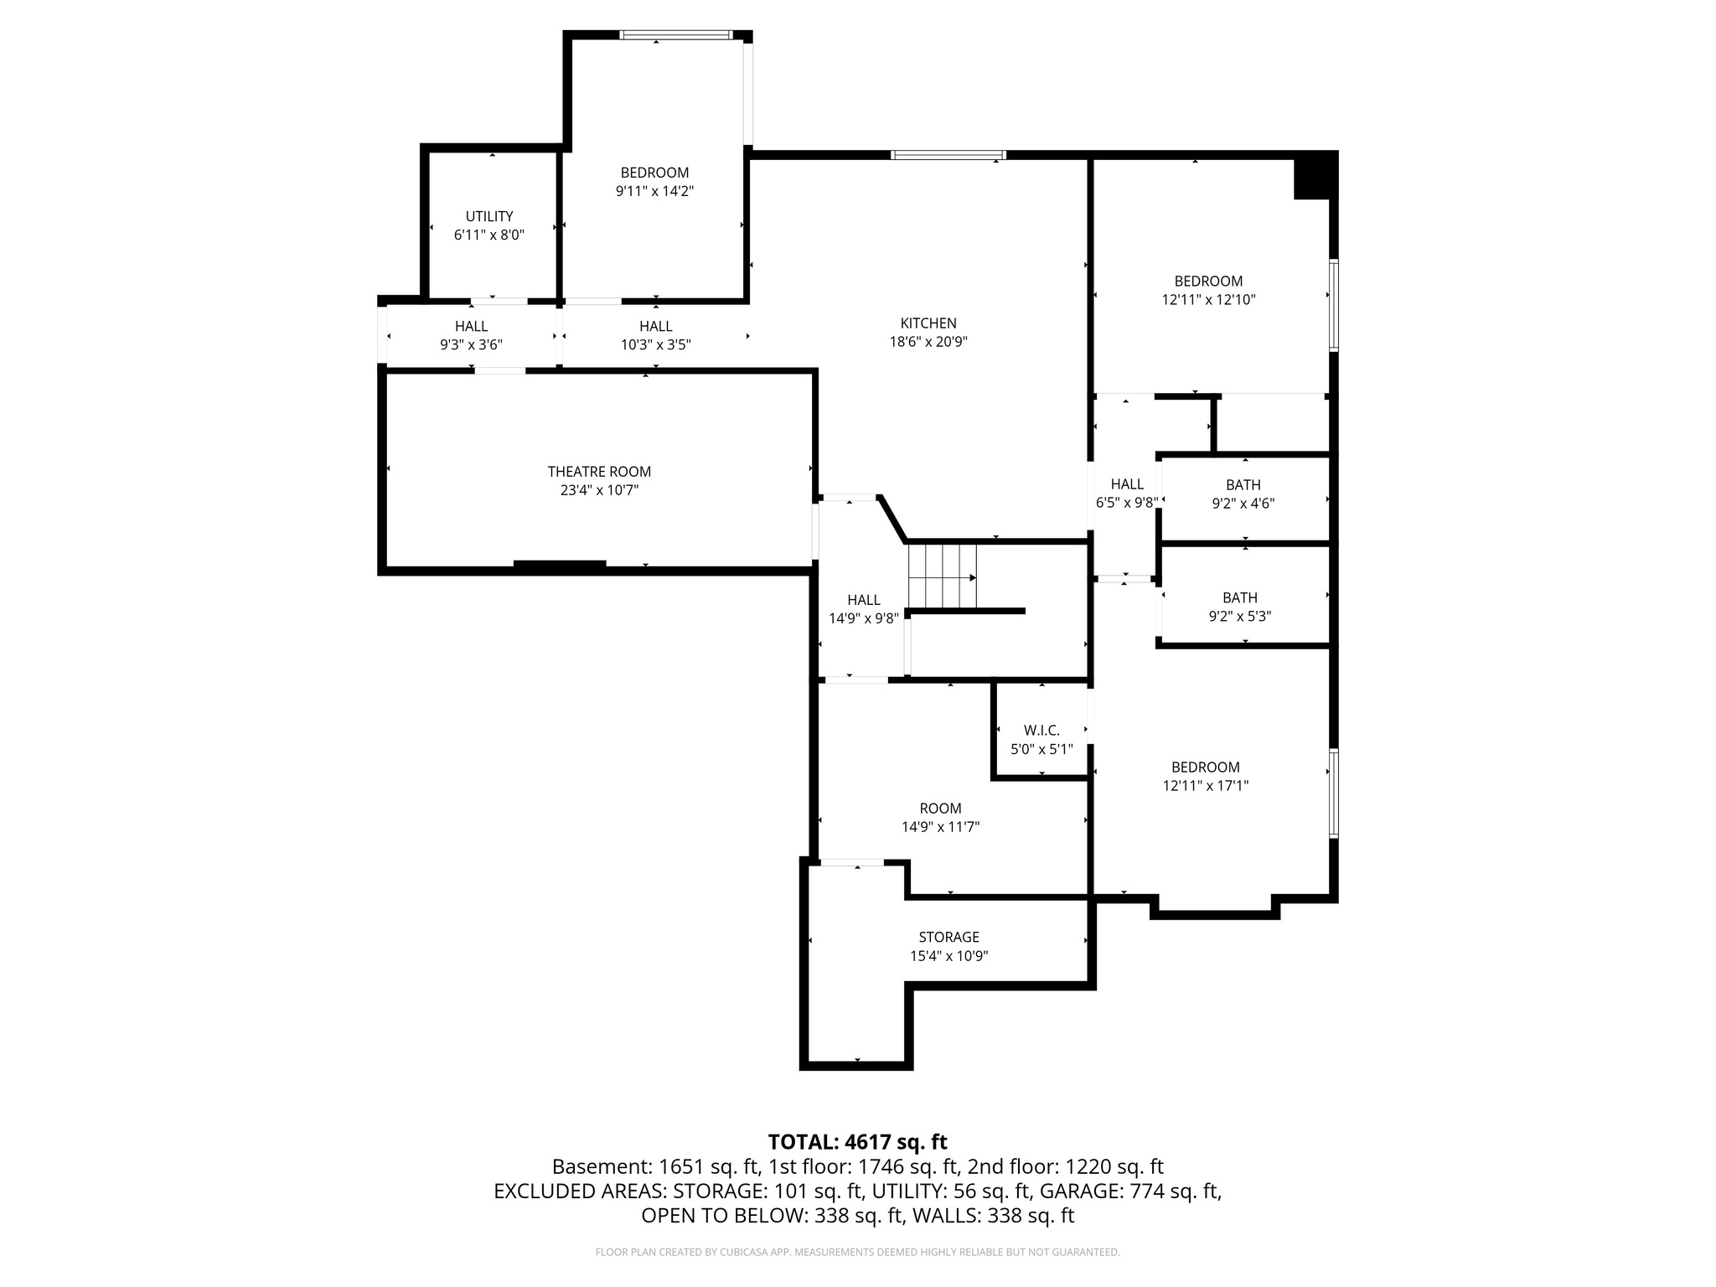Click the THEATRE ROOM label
[599, 472]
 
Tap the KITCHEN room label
[928, 323]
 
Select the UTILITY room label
[489, 216]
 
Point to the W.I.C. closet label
[1041, 731]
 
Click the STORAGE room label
[948, 937]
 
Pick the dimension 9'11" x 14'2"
[654, 191]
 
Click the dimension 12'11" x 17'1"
[1206, 786]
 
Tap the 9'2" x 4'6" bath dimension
[1243, 504]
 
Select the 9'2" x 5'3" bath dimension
[1240, 617]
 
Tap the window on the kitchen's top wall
[948, 155]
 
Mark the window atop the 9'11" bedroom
[675, 35]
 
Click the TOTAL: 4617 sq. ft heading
[857, 1142]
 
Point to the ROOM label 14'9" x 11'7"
[940, 809]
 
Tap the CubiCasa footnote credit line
[857, 1252]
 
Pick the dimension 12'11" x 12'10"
[1208, 300]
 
